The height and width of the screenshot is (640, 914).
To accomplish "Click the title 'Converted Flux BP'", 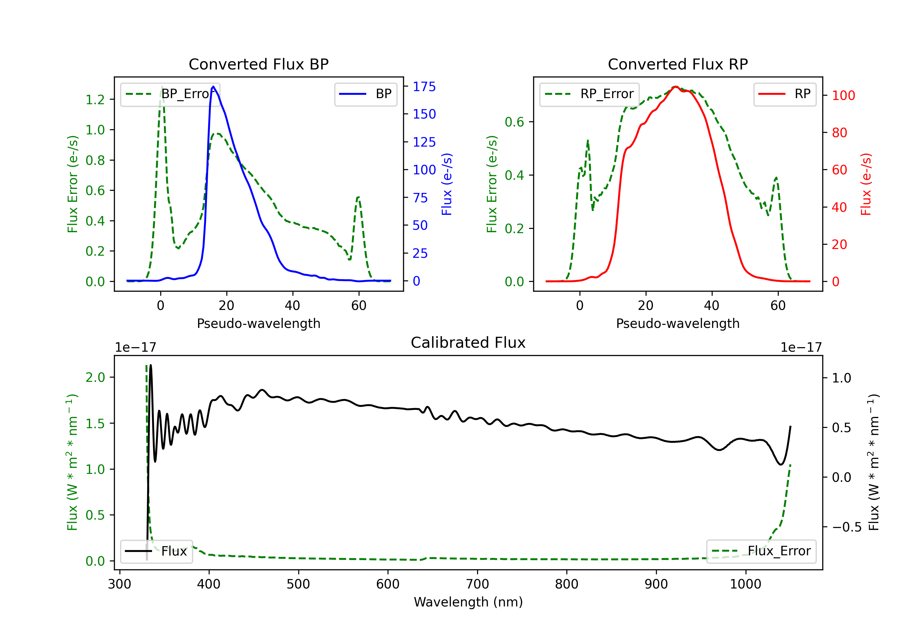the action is [x=258, y=64].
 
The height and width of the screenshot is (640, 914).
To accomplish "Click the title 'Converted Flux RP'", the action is [x=678, y=64].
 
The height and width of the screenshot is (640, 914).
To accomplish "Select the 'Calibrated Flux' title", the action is [x=468, y=343].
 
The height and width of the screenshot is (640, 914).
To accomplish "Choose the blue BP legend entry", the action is [x=365, y=94].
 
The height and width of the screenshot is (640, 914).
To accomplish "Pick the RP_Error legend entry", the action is [x=590, y=94].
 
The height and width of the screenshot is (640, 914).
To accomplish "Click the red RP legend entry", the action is [x=785, y=94].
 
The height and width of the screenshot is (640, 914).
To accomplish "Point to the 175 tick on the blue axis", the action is [x=424, y=87].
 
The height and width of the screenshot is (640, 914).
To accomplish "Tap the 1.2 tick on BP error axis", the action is [x=95, y=100].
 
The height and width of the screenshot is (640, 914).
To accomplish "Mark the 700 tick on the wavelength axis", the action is [x=477, y=584].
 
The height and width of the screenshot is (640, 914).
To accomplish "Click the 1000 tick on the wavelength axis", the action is [x=746, y=584].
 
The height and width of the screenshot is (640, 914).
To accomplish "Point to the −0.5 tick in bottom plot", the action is [x=847, y=527].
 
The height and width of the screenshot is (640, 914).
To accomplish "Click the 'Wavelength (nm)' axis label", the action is [x=468, y=602].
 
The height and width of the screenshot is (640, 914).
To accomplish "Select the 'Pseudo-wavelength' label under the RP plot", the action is [x=678, y=323].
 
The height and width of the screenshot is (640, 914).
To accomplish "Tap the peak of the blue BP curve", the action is [x=213, y=87].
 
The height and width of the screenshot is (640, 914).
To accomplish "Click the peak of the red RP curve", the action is [x=675, y=87].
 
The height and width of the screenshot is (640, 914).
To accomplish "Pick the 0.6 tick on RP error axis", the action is [x=514, y=122].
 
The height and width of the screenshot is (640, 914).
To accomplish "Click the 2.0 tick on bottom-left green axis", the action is [x=95, y=377].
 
